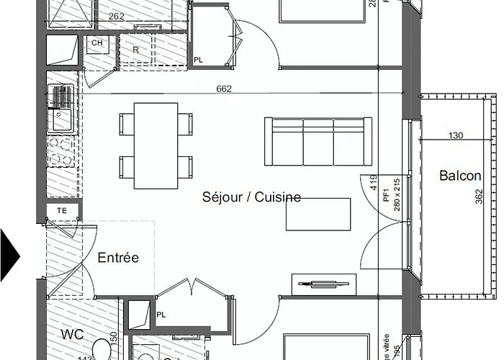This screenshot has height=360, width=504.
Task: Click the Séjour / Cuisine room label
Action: click(x=251, y=197)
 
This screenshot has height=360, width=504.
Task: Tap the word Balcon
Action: click(x=461, y=176)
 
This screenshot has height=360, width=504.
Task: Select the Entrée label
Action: click(x=118, y=258)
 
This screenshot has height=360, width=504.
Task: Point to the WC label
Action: click(x=73, y=334)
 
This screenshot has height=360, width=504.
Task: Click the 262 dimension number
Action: click(x=117, y=16)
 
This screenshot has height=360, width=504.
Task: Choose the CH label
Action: click(x=96, y=43)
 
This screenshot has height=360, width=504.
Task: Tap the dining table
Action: click(x=156, y=145)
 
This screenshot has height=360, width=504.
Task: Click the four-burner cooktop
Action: click(x=61, y=153)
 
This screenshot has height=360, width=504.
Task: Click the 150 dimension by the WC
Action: click(x=114, y=337)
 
